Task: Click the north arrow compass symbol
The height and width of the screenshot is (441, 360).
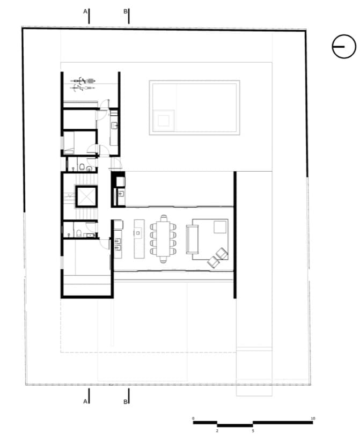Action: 344,46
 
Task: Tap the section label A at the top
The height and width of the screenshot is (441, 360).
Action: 85,11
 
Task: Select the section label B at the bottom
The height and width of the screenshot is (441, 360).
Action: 126,402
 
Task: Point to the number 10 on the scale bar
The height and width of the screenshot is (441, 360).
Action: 313,418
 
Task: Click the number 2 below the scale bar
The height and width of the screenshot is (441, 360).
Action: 217,431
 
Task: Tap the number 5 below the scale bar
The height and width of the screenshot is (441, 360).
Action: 253,431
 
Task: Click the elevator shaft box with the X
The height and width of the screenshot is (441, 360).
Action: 86,196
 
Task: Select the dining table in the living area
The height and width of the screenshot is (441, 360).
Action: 164,239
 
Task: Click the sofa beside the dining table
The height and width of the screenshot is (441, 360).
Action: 192,239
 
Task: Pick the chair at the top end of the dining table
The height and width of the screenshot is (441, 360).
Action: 164,218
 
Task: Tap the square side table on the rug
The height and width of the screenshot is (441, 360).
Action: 220,227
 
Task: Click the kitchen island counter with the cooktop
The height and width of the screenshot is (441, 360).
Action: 139,239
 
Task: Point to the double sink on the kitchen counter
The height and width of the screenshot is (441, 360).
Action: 118,244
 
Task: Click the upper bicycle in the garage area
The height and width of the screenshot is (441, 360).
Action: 83,81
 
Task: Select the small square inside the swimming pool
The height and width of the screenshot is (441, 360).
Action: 164,121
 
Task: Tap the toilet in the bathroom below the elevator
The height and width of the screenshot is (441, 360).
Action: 79,233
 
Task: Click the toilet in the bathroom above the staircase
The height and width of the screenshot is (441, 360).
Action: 82,167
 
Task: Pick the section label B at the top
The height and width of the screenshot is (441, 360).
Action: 126,11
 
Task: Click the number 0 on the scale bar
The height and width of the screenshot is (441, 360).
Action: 193,418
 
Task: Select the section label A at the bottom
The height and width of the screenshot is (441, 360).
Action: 85,402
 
